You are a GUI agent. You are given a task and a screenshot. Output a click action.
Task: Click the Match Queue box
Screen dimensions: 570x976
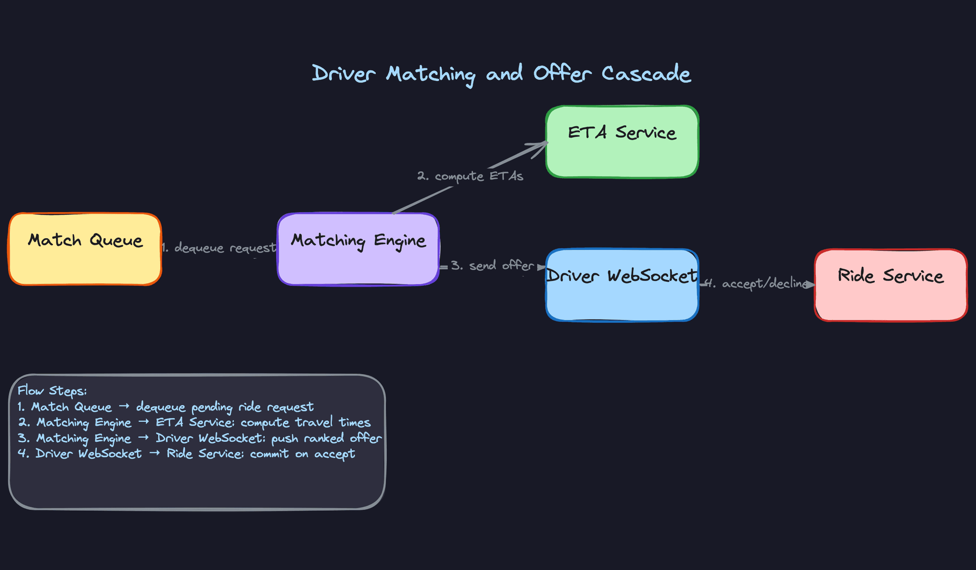pyautogui.click(x=85, y=260)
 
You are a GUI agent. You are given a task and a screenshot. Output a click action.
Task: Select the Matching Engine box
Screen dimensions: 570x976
pyautogui.click(x=358, y=262)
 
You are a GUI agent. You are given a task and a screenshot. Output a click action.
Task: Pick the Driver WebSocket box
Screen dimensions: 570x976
pyautogui.click(x=622, y=298)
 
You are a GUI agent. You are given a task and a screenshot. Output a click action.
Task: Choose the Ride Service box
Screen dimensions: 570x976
pyautogui.click(x=891, y=298)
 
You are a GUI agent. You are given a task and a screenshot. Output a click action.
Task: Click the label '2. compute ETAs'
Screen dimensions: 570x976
pyautogui.click(x=470, y=176)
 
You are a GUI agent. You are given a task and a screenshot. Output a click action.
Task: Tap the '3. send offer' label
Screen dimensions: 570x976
pyautogui.click(x=492, y=266)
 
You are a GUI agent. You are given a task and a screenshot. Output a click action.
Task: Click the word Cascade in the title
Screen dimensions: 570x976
pyautogui.click(x=646, y=74)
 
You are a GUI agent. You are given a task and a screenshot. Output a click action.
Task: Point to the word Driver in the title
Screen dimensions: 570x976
pyautogui.click(x=344, y=74)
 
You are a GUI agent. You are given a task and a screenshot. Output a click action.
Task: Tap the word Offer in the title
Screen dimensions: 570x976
pyautogui.click(x=562, y=74)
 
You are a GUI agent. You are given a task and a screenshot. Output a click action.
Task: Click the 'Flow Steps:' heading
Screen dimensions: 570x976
pyautogui.click(x=52, y=391)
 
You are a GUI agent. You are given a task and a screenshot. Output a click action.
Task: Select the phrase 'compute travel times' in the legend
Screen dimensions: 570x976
pyautogui.click(x=306, y=422)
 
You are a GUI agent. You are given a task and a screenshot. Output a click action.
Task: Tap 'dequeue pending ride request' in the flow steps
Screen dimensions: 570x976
pyautogui.click(x=225, y=407)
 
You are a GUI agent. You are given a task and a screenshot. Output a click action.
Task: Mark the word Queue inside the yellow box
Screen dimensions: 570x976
pyautogui.click(x=116, y=240)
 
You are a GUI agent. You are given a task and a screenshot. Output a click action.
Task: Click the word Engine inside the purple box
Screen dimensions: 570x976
pyautogui.click(x=400, y=241)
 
